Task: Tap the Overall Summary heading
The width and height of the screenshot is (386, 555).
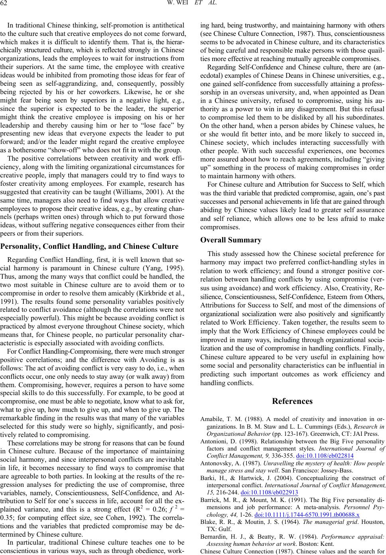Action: tap(231, 240)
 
